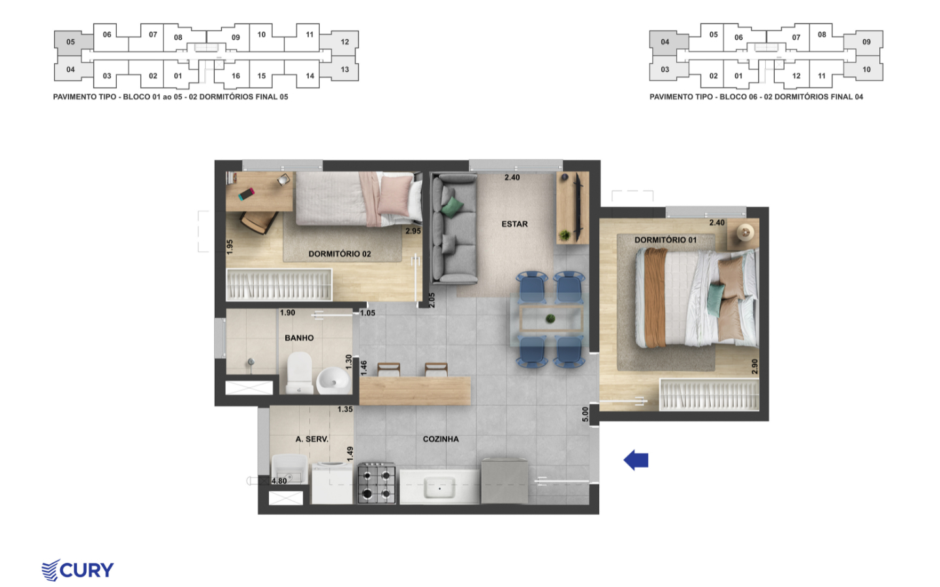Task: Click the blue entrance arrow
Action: [636, 460]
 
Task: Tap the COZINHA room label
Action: [441, 439]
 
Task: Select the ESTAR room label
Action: [514, 224]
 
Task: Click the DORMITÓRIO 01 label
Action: [666, 240]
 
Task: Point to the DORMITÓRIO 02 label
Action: [339, 254]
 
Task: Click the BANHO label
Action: [299, 338]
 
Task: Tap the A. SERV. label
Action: [312, 439]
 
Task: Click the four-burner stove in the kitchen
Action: [377, 483]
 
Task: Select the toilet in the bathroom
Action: [300, 373]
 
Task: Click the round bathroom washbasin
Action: [333, 380]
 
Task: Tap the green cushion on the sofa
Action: [452, 207]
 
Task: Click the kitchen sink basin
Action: [439, 488]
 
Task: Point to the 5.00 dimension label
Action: [586, 414]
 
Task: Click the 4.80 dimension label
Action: [279, 481]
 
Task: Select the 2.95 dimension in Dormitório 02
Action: [413, 231]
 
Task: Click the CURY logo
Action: [78, 570]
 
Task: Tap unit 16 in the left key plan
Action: [236, 76]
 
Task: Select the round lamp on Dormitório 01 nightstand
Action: [745, 232]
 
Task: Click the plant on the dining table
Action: [550, 319]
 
